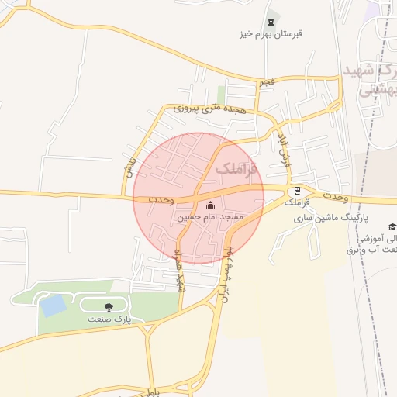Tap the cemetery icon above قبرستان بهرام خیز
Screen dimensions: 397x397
click(271, 22)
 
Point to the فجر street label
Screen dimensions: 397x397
click(267, 81)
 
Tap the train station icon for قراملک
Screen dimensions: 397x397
click(296, 191)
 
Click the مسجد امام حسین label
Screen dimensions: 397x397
click(211, 218)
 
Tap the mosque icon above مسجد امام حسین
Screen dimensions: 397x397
click(211, 205)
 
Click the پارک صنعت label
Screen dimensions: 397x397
click(113, 319)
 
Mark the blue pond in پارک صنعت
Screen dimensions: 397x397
click(54, 306)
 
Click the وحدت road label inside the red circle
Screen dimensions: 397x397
click(161, 201)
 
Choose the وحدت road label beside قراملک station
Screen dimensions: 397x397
click(333, 195)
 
